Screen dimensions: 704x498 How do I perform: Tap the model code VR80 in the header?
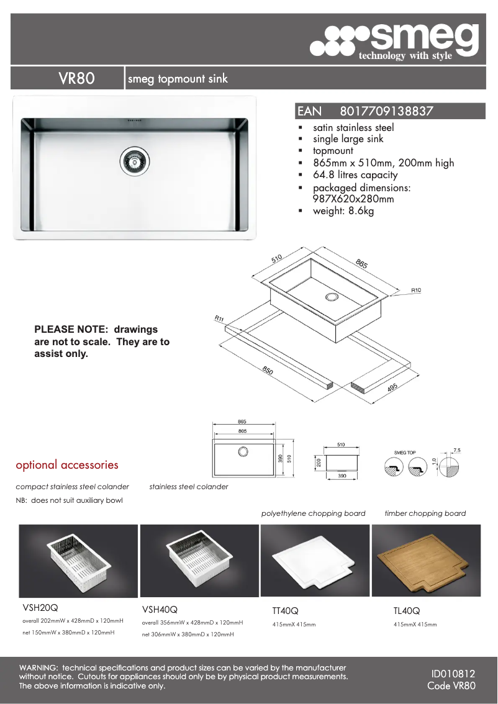pos(76,79)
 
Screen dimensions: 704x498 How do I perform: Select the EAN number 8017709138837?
pos(386,112)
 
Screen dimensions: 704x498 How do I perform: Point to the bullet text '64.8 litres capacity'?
pos(355,175)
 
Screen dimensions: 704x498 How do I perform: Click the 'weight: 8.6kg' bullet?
pos(343,211)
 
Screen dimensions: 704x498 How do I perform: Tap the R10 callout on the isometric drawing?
pos(415,290)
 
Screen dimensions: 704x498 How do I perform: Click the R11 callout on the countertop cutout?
pos(219,318)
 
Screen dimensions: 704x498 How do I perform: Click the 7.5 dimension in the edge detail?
pos(457,449)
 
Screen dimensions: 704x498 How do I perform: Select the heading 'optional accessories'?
pos(66,465)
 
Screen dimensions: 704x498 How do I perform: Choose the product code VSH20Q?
pos(40,608)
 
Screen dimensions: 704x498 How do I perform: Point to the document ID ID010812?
pos(453,674)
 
